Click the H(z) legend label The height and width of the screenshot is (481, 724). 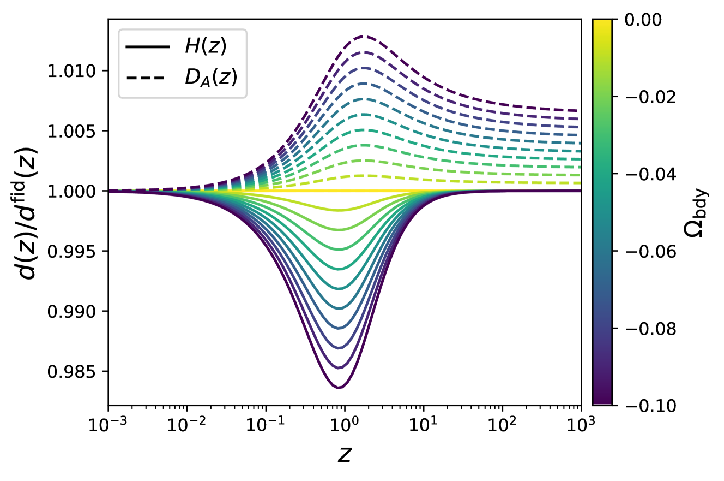[206, 47]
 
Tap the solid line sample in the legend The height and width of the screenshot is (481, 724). [147, 47]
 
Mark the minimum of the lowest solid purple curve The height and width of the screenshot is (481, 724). [339, 388]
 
